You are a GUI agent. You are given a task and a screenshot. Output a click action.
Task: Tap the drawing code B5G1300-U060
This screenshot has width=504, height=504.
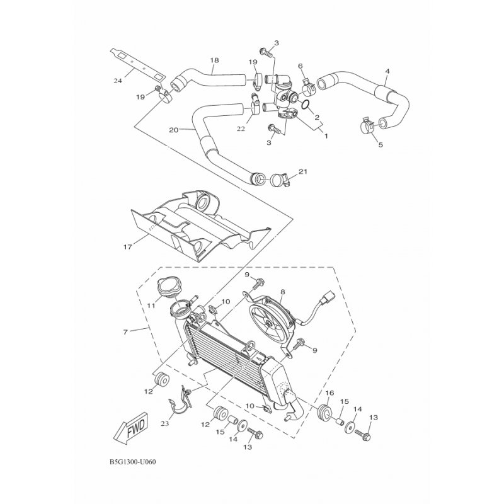pyautogui.click(x=133, y=462)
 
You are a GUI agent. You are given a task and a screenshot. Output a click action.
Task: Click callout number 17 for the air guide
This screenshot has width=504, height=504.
pyautogui.click(x=128, y=247)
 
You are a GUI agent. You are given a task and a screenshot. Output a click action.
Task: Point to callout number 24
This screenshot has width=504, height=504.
pyautogui.click(x=118, y=81)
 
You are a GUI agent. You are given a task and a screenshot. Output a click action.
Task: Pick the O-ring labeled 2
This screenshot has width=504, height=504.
pyautogui.click(x=306, y=104)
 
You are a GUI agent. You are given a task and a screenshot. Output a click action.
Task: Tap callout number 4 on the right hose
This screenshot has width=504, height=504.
pyautogui.click(x=387, y=71)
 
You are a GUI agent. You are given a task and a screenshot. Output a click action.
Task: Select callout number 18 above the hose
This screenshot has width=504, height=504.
pyautogui.click(x=214, y=60)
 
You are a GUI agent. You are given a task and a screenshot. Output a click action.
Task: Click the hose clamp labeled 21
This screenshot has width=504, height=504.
pyautogui.click(x=280, y=180)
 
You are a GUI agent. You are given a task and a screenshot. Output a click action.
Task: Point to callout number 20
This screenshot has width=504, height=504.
pyautogui.click(x=174, y=130)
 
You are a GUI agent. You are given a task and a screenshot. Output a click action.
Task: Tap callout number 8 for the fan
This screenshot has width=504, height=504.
pyautogui.click(x=282, y=292)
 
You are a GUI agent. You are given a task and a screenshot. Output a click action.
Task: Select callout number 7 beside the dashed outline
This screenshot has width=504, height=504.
pyautogui.click(x=125, y=331)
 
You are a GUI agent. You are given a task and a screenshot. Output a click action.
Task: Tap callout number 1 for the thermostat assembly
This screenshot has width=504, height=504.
pyautogui.click(x=326, y=136)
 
